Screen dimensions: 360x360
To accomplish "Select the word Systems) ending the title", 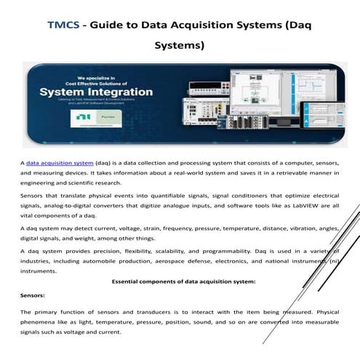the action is (179, 46).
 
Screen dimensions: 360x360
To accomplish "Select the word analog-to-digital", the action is (71, 205).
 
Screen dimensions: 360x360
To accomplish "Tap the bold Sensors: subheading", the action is (33, 297).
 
